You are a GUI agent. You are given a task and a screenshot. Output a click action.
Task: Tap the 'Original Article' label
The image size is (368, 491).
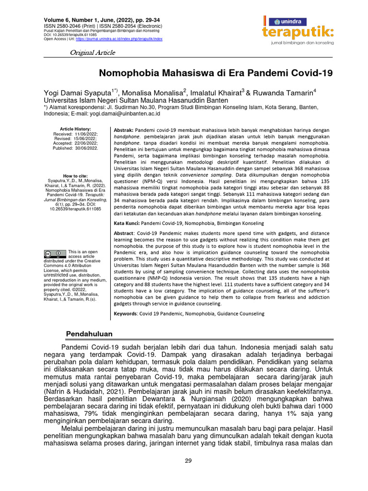[x=92, y=52]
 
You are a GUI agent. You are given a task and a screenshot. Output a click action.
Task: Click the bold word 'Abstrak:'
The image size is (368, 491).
[x=123, y=130]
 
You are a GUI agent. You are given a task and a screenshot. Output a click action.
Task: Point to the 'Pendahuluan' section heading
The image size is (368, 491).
[x=89, y=334]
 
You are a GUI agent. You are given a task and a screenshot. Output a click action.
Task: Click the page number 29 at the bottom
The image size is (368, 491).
[x=188, y=461]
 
